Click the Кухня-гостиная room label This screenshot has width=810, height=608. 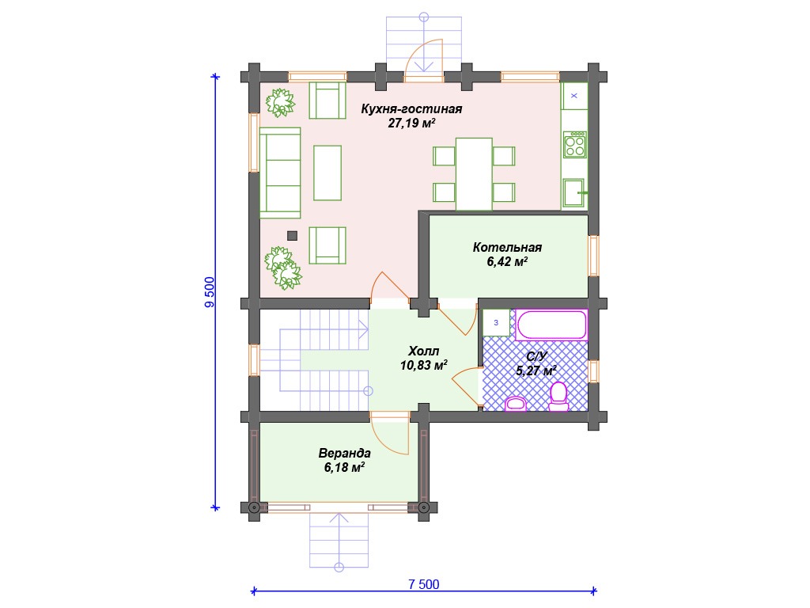(411, 109)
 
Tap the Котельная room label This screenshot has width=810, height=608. (507, 248)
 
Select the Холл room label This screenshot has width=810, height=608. (424, 351)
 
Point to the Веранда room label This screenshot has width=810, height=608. (344, 454)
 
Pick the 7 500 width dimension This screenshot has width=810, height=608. (424, 584)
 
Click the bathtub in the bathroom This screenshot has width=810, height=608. (551, 325)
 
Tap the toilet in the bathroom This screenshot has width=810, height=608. (558, 397)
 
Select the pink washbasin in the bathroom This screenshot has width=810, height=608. (515, 404)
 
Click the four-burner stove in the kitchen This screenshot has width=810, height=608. (575, 144)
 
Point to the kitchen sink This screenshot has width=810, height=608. (574, 193)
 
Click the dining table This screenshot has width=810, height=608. (474, 174)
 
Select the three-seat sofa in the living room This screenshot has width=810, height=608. (280, 173)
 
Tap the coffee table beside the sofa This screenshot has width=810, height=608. (327, 173)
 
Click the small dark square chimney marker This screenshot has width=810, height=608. (293, 236)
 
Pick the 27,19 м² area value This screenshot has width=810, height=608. (411, 123)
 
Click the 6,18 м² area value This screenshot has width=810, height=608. (344, 468)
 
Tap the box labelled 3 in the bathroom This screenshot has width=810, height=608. (497, 323)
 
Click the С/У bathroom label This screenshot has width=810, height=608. (536, 357)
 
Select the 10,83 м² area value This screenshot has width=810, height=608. (424, 366)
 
